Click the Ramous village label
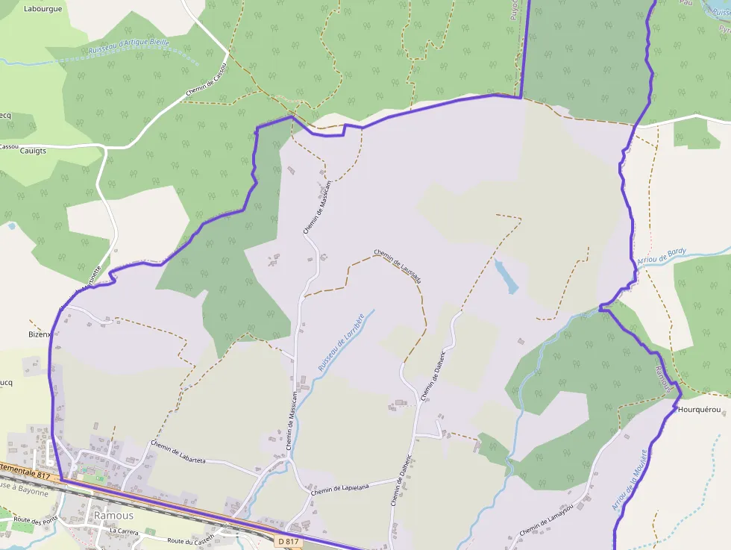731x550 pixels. (x=113, y=516)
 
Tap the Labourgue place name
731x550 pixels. (x=44, y=9)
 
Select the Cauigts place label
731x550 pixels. (x=34, y=151)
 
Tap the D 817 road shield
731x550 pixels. (x=287, y=540)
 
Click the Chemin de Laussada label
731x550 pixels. (x=398, y=266)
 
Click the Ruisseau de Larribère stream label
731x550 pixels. (x=341, y=343)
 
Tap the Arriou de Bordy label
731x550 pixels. (x=661, y=257)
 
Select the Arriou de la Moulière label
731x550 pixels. (x=628, y=480)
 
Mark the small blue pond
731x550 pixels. (x=506, y=276)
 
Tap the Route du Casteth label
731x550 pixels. (x=191, y=539)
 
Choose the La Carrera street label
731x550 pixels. (x=125, y=531)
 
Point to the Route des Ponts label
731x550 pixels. (x=35, y=519)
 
